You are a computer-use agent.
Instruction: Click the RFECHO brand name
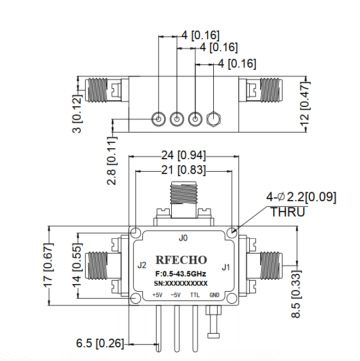pos(181,260)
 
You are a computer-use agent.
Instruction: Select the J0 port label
pos(183,238)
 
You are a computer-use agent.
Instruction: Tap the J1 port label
pos(226,267)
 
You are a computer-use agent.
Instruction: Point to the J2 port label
pos(142,265)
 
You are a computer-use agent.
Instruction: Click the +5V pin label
pos(157,295)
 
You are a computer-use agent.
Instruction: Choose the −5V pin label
pos(176,295)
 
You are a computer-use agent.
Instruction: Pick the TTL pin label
pos(195,295)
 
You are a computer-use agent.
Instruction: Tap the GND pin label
pos(214,295)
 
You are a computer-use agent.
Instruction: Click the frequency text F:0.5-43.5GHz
pos(181,274)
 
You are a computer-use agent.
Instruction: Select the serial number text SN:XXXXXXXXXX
pos(181,284)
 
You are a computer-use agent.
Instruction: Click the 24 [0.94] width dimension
pos(183,155)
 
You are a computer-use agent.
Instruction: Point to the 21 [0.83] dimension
pos(183,170)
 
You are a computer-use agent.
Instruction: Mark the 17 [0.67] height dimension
pos(49,265)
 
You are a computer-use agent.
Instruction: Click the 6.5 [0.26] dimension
pos(100,343)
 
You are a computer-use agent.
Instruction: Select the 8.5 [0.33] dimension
pos(296,294)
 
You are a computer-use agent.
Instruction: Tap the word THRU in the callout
pos(288,212)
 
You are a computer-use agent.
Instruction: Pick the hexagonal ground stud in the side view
pos(213,119)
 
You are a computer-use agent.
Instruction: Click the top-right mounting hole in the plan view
pos(232,232)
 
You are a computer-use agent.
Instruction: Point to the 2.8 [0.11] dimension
pos(112,161)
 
